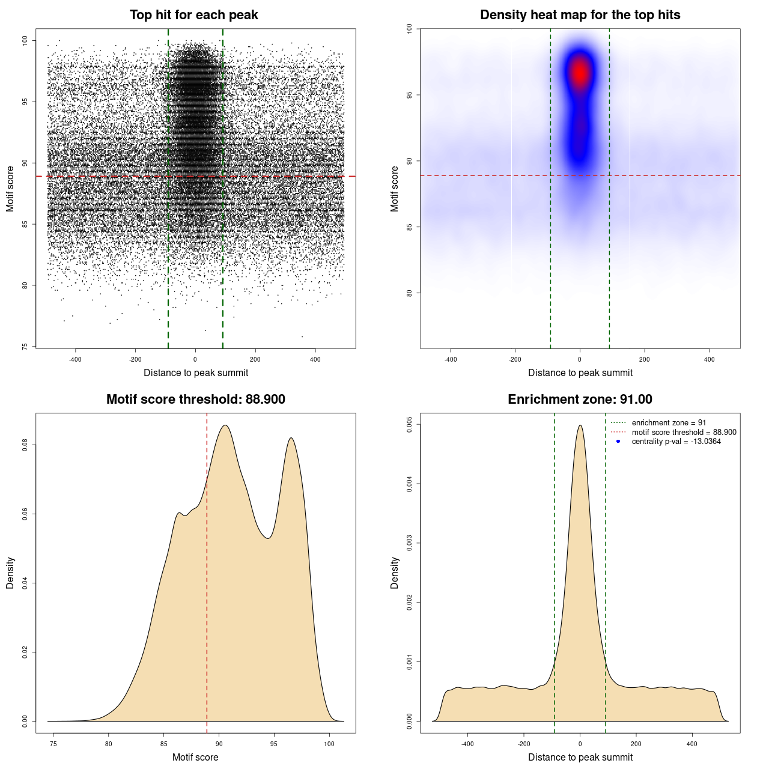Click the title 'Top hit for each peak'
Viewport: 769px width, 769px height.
193,15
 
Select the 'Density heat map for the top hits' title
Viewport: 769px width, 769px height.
580,15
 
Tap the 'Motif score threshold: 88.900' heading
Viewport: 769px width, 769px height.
195,400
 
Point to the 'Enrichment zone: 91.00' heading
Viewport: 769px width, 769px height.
580,400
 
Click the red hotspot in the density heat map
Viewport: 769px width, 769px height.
580,73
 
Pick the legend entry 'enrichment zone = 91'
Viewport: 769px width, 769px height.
669,423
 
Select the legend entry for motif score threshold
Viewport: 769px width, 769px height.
684,433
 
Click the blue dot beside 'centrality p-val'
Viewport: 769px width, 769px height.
618,442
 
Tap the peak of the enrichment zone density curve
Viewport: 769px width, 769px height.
580,425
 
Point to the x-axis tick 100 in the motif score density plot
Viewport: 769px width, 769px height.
329,744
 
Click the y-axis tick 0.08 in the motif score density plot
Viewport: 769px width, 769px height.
25,445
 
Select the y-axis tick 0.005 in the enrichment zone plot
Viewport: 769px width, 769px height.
410,424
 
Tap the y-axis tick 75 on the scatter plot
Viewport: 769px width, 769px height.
25,347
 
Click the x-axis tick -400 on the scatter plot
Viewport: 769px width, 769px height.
75,360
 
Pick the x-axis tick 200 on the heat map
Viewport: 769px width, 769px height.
645,360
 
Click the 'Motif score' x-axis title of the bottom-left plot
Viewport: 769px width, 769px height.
195,758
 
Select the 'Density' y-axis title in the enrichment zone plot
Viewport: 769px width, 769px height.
395,573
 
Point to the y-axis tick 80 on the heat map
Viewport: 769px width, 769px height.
410,293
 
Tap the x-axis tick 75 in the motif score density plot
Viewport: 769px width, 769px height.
53,744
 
